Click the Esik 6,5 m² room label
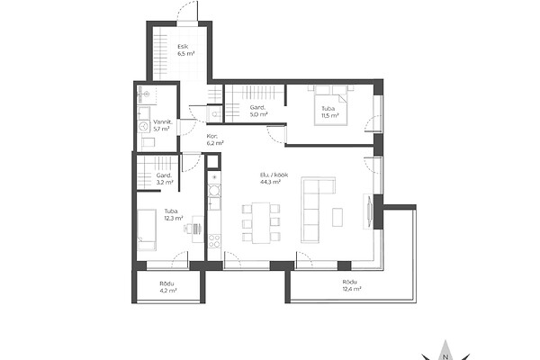186,50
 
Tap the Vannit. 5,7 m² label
162,125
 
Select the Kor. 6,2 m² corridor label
215,139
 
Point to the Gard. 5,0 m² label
258,111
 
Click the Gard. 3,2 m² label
165,179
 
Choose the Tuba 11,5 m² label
330,112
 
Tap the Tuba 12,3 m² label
173,214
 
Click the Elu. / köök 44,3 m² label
274,178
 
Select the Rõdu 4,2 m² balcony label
167,287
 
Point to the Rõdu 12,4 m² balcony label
352,285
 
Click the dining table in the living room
261,223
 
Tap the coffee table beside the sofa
337,217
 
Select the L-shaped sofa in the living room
310,210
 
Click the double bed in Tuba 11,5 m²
330,106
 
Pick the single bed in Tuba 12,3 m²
147,229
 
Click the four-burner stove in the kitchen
214,240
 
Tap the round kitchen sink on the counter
214,190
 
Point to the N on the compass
445,356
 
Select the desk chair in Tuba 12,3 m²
188,229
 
